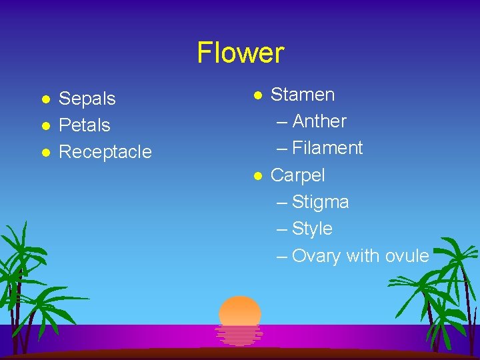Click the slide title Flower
[240, 53]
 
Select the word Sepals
[87, 99]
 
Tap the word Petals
[85, 125]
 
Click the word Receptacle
[105, 152]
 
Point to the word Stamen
[303, 95]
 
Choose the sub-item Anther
[319, 121]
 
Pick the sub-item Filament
[327, 148]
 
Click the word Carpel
[297, 175]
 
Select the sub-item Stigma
[320, 202]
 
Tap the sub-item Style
[312, 229]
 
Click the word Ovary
[316, 256]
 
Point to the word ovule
[407, 256]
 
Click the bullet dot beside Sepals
[45, 99]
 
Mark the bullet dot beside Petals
[45, 126]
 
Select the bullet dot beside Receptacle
[45, 153]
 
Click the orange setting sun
[240, 312]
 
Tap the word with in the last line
[363, 256]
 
